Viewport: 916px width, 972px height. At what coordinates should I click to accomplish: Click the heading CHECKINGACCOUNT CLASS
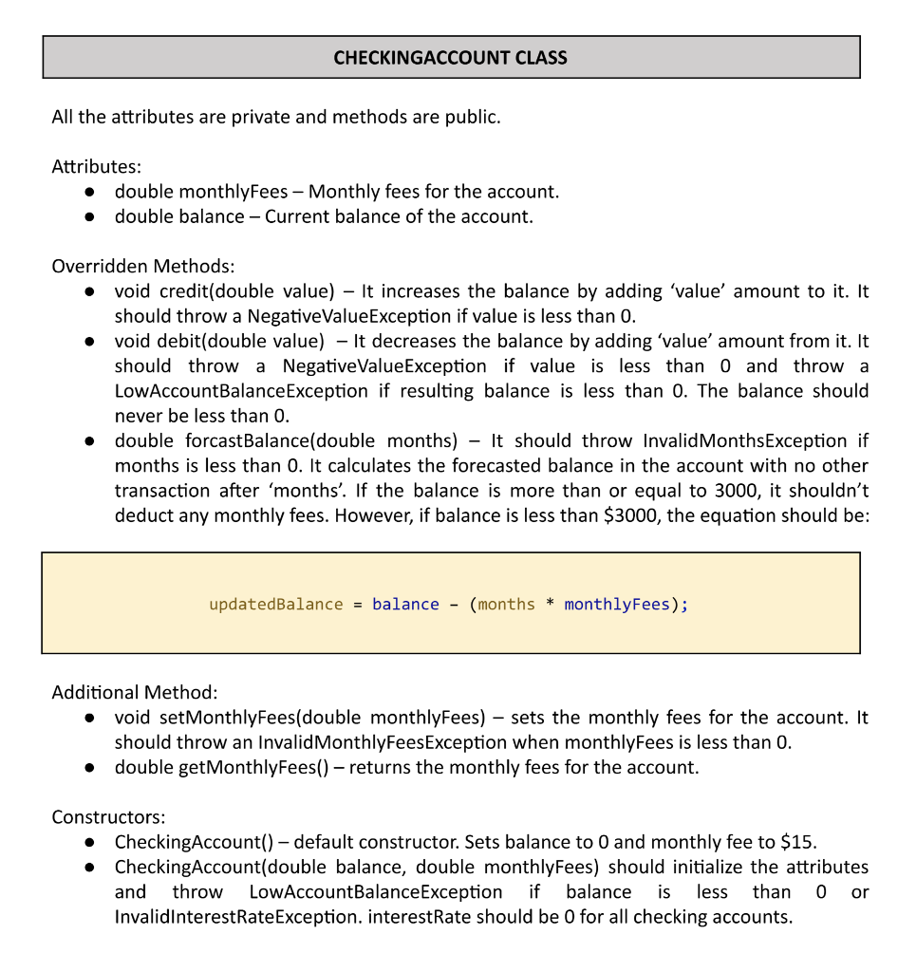pyautogui.click(x=450, y=58)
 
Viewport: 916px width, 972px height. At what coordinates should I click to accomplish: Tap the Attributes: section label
pyautogui.click(x=96, y=167)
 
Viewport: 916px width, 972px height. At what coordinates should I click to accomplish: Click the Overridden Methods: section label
pyautogui.click(x=142, y=267)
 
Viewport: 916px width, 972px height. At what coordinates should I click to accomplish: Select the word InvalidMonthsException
pyautogui.click(x=744, y=440)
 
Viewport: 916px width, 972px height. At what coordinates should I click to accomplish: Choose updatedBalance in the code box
pyautogui.click(x=276, y=605)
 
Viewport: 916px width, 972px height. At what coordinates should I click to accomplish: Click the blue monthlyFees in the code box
pyautogui.click(x=617, y=605)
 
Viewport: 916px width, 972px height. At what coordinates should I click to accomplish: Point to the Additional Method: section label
pyautogui.click(x=135, y=692)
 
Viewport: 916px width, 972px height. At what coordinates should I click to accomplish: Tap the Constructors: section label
pyautogui.click(x=108, y=817)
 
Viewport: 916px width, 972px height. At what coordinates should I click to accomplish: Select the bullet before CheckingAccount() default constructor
pyautogui.click(x=88, y=843)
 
